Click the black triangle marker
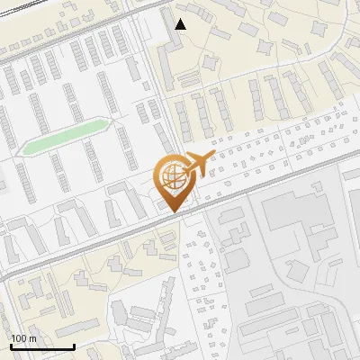[181, 23]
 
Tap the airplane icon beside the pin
[197, 164]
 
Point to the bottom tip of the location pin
[172, 211]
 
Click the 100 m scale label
[23, 338]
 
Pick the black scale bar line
[42, 346]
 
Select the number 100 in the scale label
[19, 338]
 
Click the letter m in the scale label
[32, 338]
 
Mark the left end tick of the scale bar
[11, 345]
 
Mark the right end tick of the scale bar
[74, 345]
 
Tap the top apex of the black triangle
[181, 18]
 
